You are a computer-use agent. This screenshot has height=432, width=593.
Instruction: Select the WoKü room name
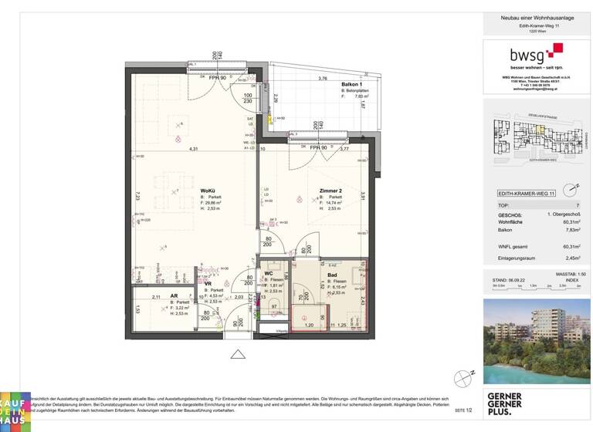pyautogui.click(x=207, y=191)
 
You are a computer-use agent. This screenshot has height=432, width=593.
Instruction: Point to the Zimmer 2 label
pyautogui.click(x=331, y=191)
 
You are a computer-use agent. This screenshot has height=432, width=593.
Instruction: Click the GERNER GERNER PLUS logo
pyautogui.click(x=505, y=403)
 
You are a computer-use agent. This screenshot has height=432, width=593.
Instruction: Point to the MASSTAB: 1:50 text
pyautogui.click(x=571, y=274)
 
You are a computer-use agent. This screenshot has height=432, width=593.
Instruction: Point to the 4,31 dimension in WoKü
pyautogui.click(x=195, y=148)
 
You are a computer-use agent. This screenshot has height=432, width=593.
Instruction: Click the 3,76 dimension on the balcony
pyautogui.click(x=324, y=79)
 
